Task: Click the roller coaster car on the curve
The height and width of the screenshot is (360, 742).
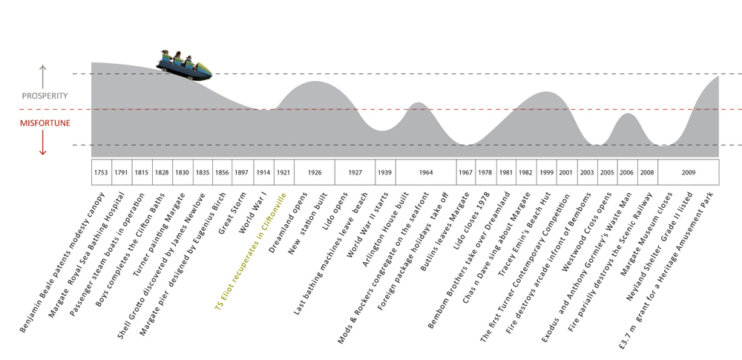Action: tap(184, 65)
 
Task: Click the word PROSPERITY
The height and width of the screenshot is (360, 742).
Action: tap(45, 96)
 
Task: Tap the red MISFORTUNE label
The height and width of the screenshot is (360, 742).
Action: tap(45, 122)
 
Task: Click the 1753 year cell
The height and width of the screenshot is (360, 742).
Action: tap(101, 172)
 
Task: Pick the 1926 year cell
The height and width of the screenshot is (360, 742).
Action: tap(314, 172)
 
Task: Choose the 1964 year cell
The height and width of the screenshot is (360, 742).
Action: tap(425, 172)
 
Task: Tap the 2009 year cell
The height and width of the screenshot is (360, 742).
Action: tap(688, 172)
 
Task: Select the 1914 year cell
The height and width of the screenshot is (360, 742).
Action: tap(263, 172)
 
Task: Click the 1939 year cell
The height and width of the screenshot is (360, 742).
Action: tap(384, 172)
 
